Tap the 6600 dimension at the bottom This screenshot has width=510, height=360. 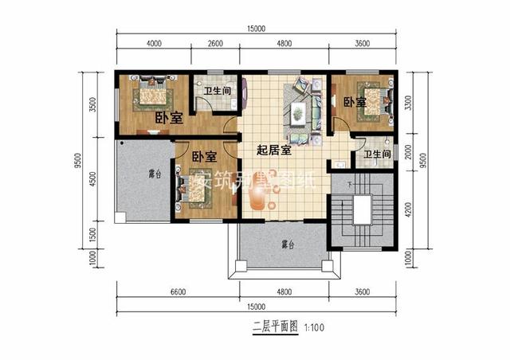coord(177,292)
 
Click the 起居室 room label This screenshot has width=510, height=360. coord(273,150)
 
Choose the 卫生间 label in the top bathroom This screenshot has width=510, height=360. coord(217,91)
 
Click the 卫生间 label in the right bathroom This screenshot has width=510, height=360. coord(376,154)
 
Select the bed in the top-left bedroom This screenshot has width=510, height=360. coord(151,95)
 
